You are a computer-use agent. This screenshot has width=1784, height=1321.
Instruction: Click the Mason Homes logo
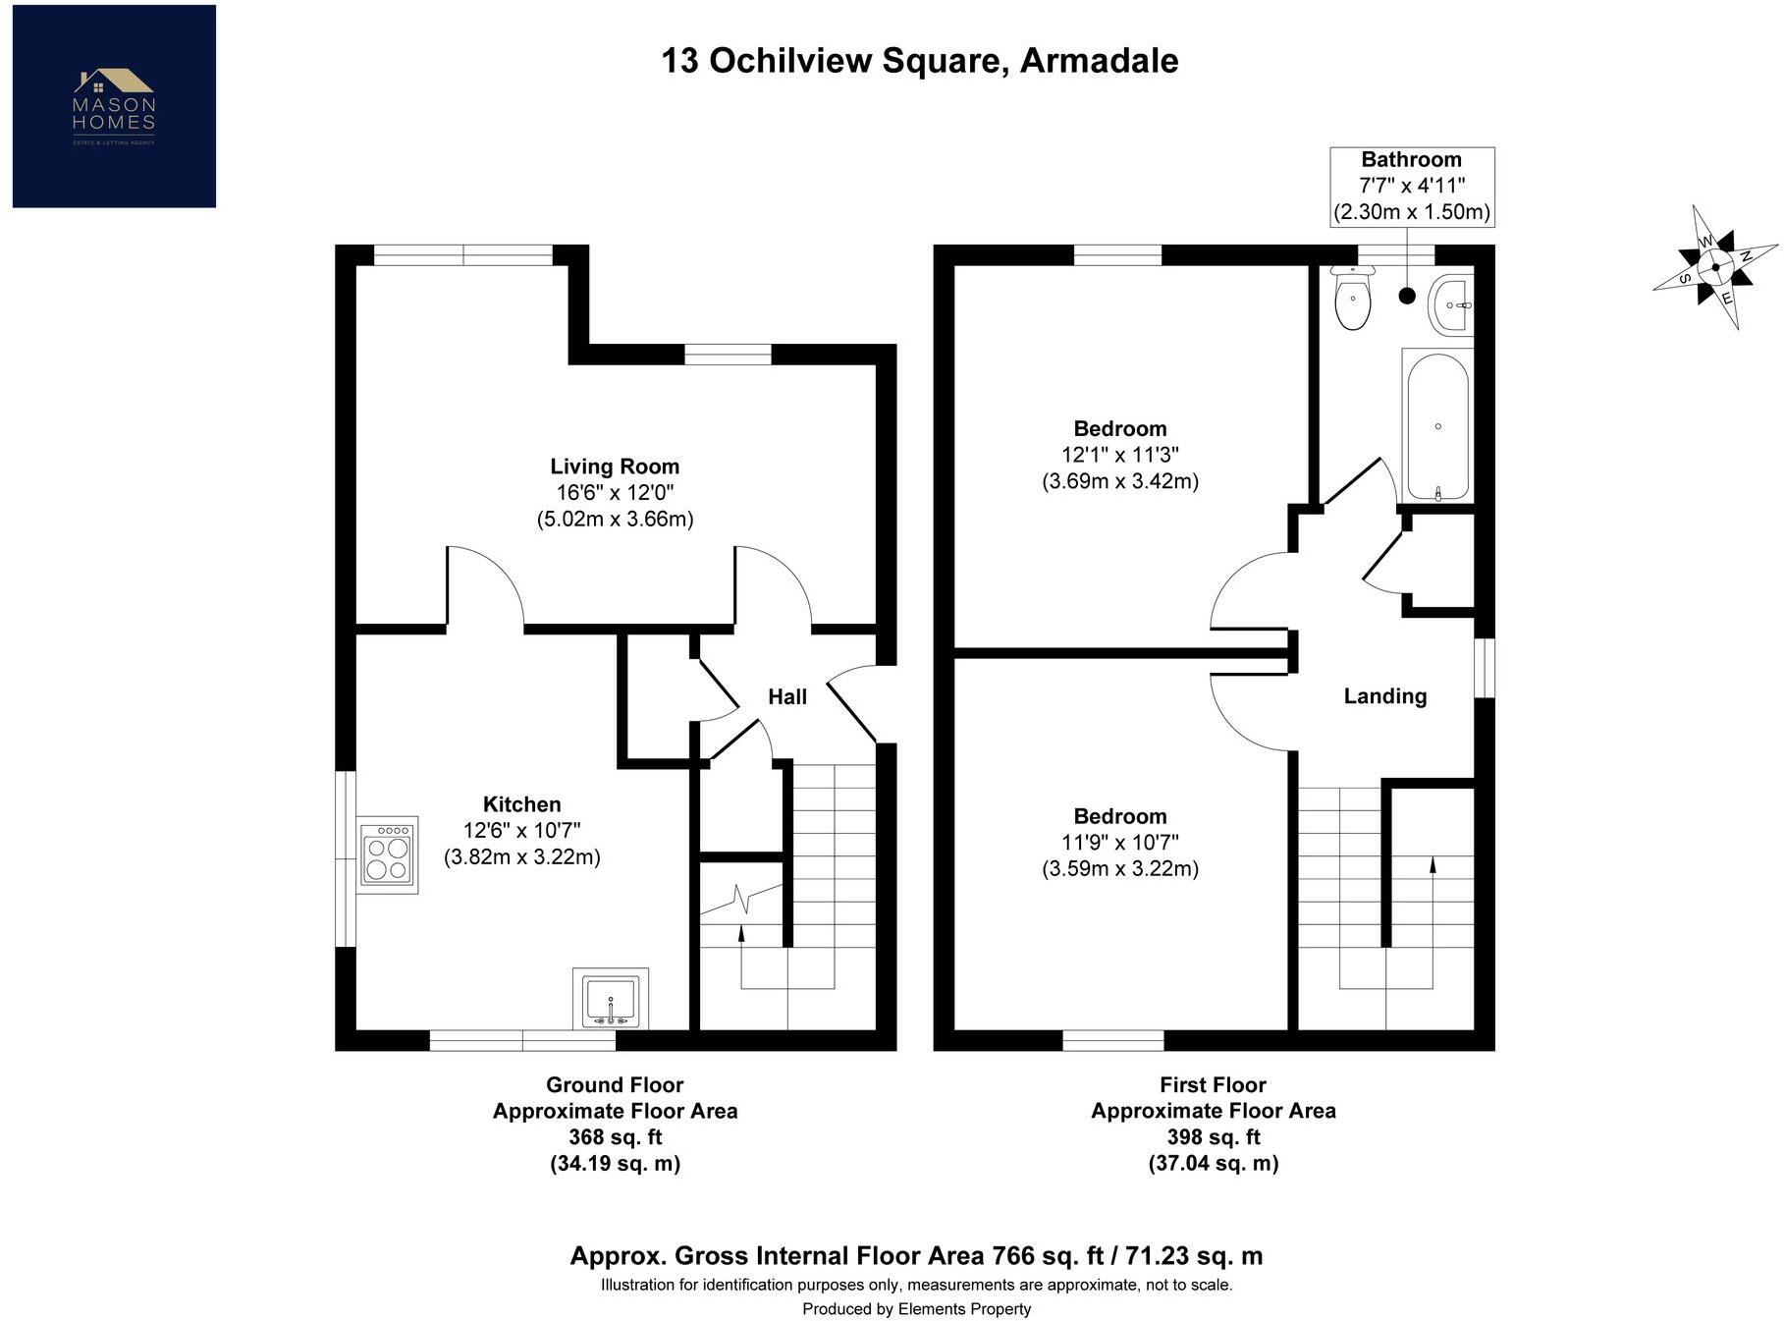114,106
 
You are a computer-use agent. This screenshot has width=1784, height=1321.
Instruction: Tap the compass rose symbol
1714,267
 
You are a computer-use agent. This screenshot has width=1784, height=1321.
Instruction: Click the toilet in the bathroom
1353,299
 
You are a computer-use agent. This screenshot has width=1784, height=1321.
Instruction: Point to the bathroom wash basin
1450,304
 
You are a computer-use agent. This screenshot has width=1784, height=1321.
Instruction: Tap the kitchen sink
610,999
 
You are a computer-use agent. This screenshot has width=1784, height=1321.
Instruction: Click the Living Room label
615,467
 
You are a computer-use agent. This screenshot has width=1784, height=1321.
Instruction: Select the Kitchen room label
521,804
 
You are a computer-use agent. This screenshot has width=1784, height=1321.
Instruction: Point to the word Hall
787,696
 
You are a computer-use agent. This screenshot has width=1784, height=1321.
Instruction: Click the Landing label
1384,696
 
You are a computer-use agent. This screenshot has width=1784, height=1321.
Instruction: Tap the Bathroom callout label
1411,160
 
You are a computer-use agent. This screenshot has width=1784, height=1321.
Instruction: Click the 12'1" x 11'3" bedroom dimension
1119,455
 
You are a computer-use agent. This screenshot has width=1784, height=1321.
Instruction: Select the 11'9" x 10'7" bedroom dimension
1119,843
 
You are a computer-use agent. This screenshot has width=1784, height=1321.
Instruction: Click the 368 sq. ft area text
615,1137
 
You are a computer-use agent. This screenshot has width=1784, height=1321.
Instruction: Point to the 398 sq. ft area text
1213,1137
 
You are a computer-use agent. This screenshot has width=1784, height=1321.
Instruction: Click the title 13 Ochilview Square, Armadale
919,61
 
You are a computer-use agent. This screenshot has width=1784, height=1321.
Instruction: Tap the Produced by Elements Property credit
916,1309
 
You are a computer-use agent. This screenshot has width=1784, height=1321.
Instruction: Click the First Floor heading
1213,1085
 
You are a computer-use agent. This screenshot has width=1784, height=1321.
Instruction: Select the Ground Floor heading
615,1085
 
